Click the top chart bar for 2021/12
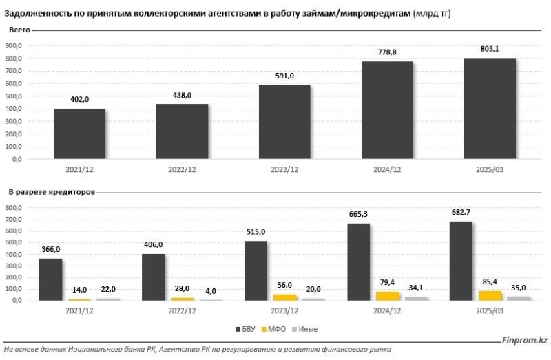(x=80, y=134)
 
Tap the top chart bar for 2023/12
(x=284, y=122)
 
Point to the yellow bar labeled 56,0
(x=284, y=297)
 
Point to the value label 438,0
(x=183, y=96)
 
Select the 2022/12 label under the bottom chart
(x=182, y=310)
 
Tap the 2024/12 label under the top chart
(x=387, y=169)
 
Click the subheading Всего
(x=19, y=31)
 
